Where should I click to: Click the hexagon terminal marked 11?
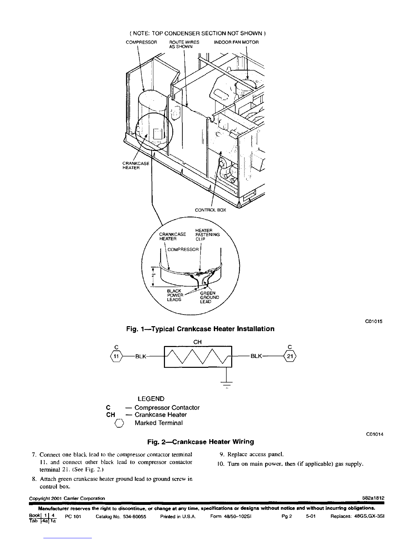(116, 356)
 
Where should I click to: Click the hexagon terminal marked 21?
(290, 356)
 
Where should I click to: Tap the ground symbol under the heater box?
(226, 385)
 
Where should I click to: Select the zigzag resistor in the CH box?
(198, 356)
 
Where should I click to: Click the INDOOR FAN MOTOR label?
(236, 42)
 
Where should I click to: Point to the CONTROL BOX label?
(210, 210)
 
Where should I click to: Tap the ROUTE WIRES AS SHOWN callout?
(184, 44)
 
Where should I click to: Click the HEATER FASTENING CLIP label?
(207, 235)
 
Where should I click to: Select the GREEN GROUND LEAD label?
(210, 297)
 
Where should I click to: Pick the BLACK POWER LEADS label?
(175, 295)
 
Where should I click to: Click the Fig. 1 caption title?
(200, 329)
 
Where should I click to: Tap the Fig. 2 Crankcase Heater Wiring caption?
(201, 442)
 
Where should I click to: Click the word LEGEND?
(151, 399)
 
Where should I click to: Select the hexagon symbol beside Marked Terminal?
(119, 423)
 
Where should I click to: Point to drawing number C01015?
(374, 321)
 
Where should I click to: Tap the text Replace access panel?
(255, 454)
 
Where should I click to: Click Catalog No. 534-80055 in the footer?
(121, 516)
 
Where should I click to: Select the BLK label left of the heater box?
(141, 356)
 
